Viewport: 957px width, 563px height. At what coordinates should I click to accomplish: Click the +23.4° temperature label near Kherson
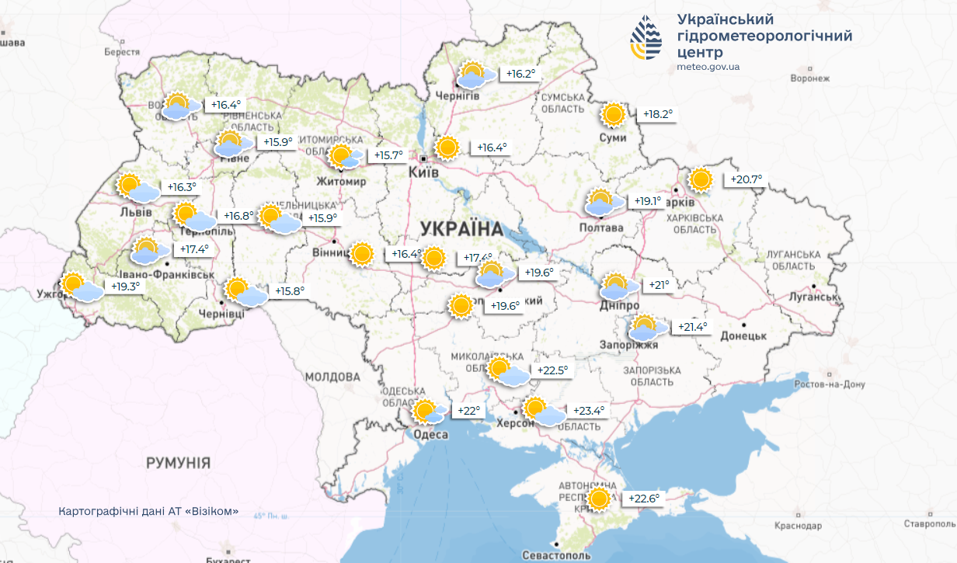(x=588, y=411)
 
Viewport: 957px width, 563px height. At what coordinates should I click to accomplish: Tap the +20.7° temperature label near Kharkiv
(x=746, y=179)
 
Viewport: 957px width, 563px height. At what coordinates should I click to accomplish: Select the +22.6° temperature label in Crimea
(x=643, y=499)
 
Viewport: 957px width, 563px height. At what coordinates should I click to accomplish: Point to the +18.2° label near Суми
(x=658, y=114)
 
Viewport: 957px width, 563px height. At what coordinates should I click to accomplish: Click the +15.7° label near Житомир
(x=388, y=155)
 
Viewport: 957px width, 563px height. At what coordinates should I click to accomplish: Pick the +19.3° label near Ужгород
(x=125, y=286)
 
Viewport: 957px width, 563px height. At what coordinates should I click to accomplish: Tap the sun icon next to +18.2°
(x=614, y=115)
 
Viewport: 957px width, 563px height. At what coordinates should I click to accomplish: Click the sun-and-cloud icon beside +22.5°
(x=506, y=372)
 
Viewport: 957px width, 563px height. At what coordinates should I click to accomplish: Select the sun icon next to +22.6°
(x=599, y=499)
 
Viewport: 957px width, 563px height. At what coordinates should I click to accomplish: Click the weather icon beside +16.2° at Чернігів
(x=472, y=75)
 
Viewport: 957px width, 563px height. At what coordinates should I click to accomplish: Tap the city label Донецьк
(x=743, y=335)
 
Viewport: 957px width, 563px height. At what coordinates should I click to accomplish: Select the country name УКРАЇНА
(x=461, y=228)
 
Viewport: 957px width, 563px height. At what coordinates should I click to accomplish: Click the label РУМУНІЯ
(x=179, y=463)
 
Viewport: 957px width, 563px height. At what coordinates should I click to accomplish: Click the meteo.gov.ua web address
(x=708, y=67)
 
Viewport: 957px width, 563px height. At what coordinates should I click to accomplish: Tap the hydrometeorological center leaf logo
(x=646, y=39)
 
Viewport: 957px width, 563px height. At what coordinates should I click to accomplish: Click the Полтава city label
(x=601, y=228)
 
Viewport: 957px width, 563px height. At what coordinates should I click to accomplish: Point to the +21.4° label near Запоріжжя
(x=692, y=327)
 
